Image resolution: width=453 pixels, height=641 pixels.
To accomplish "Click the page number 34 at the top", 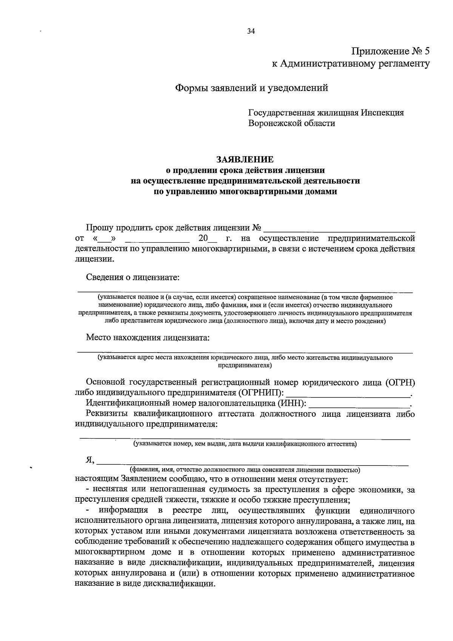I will click(251, 32).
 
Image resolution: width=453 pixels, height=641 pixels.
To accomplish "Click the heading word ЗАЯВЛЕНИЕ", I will click(245, 160).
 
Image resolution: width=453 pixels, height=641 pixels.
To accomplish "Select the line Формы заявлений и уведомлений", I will click(251, 88).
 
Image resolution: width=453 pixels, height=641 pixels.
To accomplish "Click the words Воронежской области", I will click(291, 123).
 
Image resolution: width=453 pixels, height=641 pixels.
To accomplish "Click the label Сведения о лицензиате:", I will click(133, 277).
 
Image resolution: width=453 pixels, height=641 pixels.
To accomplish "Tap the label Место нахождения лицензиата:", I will click(148, 337).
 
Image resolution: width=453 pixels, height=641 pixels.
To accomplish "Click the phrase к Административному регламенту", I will click(351, 64).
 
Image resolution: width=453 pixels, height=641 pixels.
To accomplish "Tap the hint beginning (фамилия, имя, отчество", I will click(245, 470).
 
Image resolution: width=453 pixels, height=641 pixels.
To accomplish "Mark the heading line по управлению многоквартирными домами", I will click(245, 191).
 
